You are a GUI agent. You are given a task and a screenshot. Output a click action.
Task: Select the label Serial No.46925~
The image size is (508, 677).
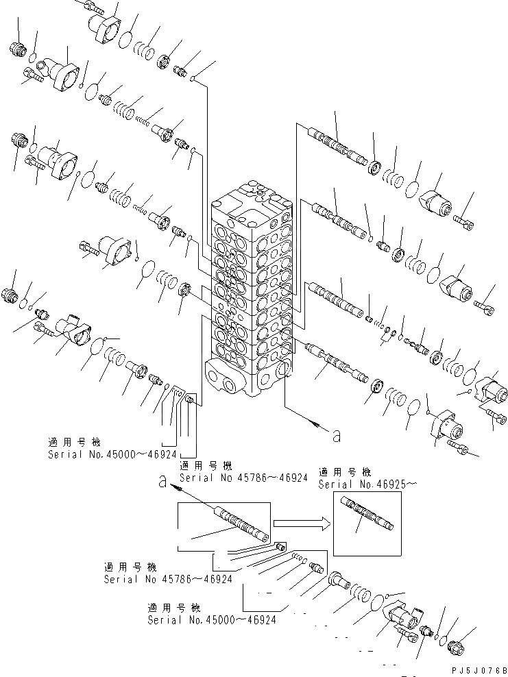click(367, 484)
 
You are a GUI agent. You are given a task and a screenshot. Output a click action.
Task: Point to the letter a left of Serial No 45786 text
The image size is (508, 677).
click(162, 482)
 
